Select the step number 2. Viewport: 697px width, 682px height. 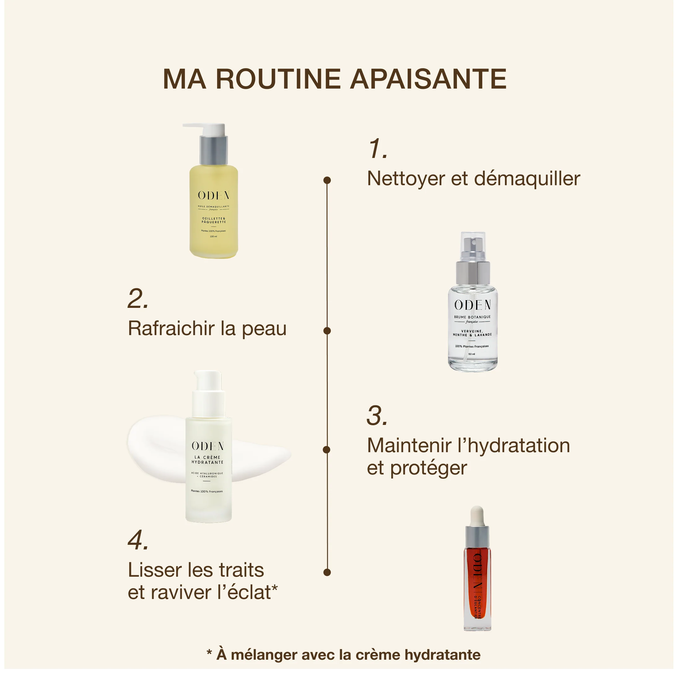coord(138,299)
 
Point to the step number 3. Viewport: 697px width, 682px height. coord(377,416)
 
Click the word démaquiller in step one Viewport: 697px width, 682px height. coord(527,179)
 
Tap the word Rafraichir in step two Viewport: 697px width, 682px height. coord(171,329)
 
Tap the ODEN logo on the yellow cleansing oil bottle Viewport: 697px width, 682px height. coord(213,195)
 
